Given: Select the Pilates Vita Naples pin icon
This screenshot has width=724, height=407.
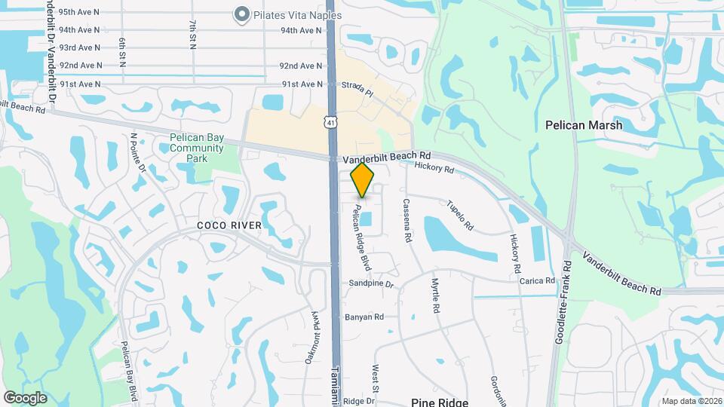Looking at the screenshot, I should pos(242,14).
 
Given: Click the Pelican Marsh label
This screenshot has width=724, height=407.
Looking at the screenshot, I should pos(584,125).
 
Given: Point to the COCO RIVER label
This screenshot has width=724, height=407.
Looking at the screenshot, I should pos(229,225).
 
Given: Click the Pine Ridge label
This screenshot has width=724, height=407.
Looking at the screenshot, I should pos(440,402).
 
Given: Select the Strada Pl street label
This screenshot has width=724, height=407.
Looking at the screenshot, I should pos(357,87).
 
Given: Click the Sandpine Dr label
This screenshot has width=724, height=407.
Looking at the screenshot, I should pos(371,284).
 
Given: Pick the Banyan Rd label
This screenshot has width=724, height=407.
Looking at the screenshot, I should pos(364,317).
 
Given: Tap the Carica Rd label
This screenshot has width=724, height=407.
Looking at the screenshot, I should pos(537,280).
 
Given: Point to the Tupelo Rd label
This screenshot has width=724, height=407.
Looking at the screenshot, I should pos(459,215).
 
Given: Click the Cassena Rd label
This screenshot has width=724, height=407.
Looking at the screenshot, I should pos(407,220).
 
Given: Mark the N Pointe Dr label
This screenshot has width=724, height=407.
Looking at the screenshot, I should pos(137,153).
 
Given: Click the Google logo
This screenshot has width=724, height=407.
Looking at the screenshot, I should pos(25,398).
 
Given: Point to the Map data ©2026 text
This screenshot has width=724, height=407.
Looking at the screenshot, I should pos(689,401).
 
